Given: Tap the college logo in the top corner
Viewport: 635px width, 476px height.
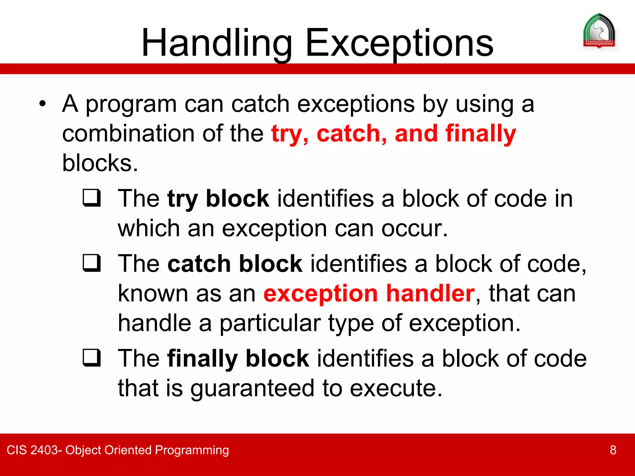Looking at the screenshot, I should (599, 31).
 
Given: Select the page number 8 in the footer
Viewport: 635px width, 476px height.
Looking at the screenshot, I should (613, 450).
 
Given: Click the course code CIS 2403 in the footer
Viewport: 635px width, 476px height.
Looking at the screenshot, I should (32, 450).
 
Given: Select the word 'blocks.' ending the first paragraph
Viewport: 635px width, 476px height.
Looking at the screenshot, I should (100, 163).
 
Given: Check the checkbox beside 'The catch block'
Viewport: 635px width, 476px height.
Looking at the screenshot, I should (92, 263).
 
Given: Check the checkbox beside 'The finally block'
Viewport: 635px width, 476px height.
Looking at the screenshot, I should (92, 358).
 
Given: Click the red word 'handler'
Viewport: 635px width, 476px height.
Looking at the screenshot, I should (430, 293).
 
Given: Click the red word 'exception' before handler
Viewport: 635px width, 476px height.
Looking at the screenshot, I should (321, 294).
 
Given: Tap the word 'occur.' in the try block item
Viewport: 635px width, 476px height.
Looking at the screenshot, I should (415, 229).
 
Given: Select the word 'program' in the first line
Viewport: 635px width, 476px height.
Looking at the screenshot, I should (131, 104).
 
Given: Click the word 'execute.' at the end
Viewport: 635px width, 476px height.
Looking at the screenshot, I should (396, 388).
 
